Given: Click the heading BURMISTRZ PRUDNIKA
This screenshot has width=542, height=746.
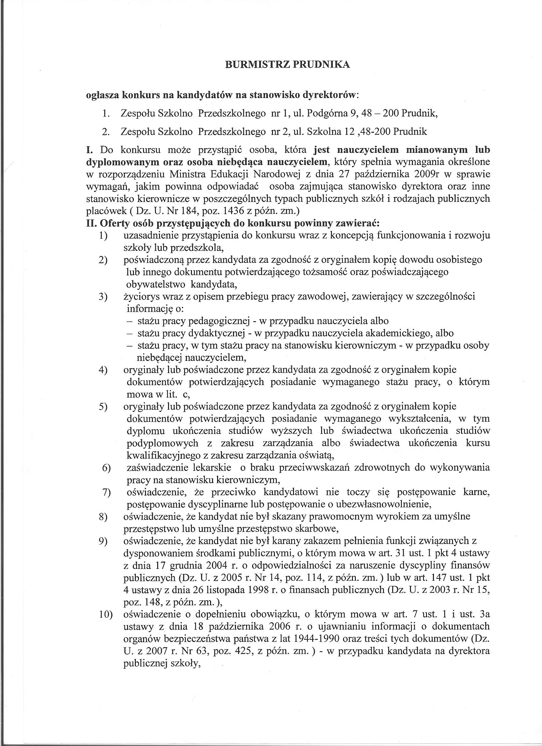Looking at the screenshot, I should point(287,65).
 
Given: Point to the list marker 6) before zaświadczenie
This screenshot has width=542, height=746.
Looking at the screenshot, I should point(107,468).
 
